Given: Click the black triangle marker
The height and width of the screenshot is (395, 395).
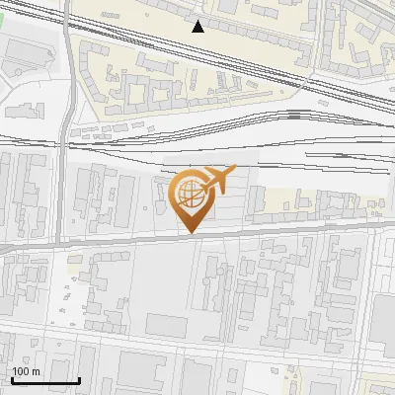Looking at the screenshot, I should [x=198, y=27].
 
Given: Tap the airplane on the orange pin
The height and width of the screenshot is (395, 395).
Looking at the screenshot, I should [x=216, y=179].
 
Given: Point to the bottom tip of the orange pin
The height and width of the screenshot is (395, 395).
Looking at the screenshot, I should [x=190, y=233].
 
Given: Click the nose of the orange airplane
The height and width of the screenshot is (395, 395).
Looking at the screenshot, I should [x=233, y=171].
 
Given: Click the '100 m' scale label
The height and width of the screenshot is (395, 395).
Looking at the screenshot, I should [x=26, y=371].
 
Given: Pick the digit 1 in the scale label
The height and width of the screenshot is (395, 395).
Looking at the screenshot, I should [x=15, y=371].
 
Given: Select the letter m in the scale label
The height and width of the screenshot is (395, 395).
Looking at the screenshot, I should [x=36, y=371].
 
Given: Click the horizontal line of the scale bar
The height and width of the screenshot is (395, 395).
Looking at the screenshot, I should [x=45, y=380].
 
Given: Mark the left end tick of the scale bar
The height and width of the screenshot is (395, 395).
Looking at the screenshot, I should [x=12, y=378].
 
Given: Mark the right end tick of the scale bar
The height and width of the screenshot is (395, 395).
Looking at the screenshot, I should [x=79, y=378].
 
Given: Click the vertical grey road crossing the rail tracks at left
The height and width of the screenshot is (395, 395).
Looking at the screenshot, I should [x=66, y=138].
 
